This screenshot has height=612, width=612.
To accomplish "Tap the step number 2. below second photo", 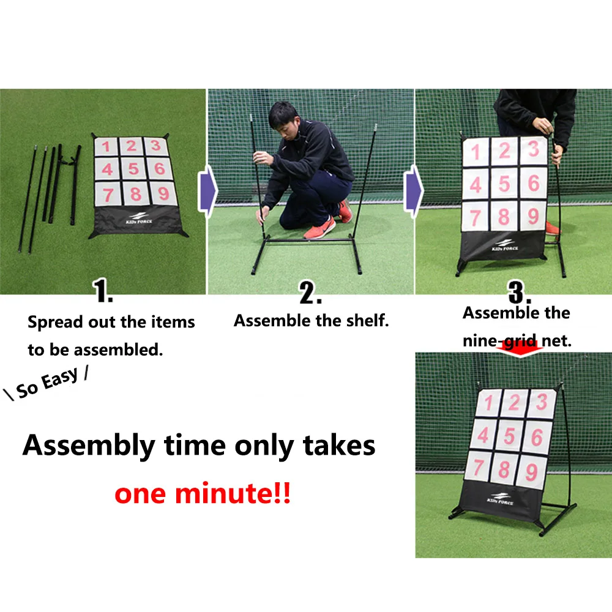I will [311, 294].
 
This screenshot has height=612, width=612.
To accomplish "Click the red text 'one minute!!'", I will [203, 494].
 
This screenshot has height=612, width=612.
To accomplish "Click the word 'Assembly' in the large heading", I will [89, 446].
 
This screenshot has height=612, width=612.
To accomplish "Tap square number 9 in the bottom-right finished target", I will [532, 472].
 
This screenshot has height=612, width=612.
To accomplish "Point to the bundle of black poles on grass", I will [52, 190].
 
